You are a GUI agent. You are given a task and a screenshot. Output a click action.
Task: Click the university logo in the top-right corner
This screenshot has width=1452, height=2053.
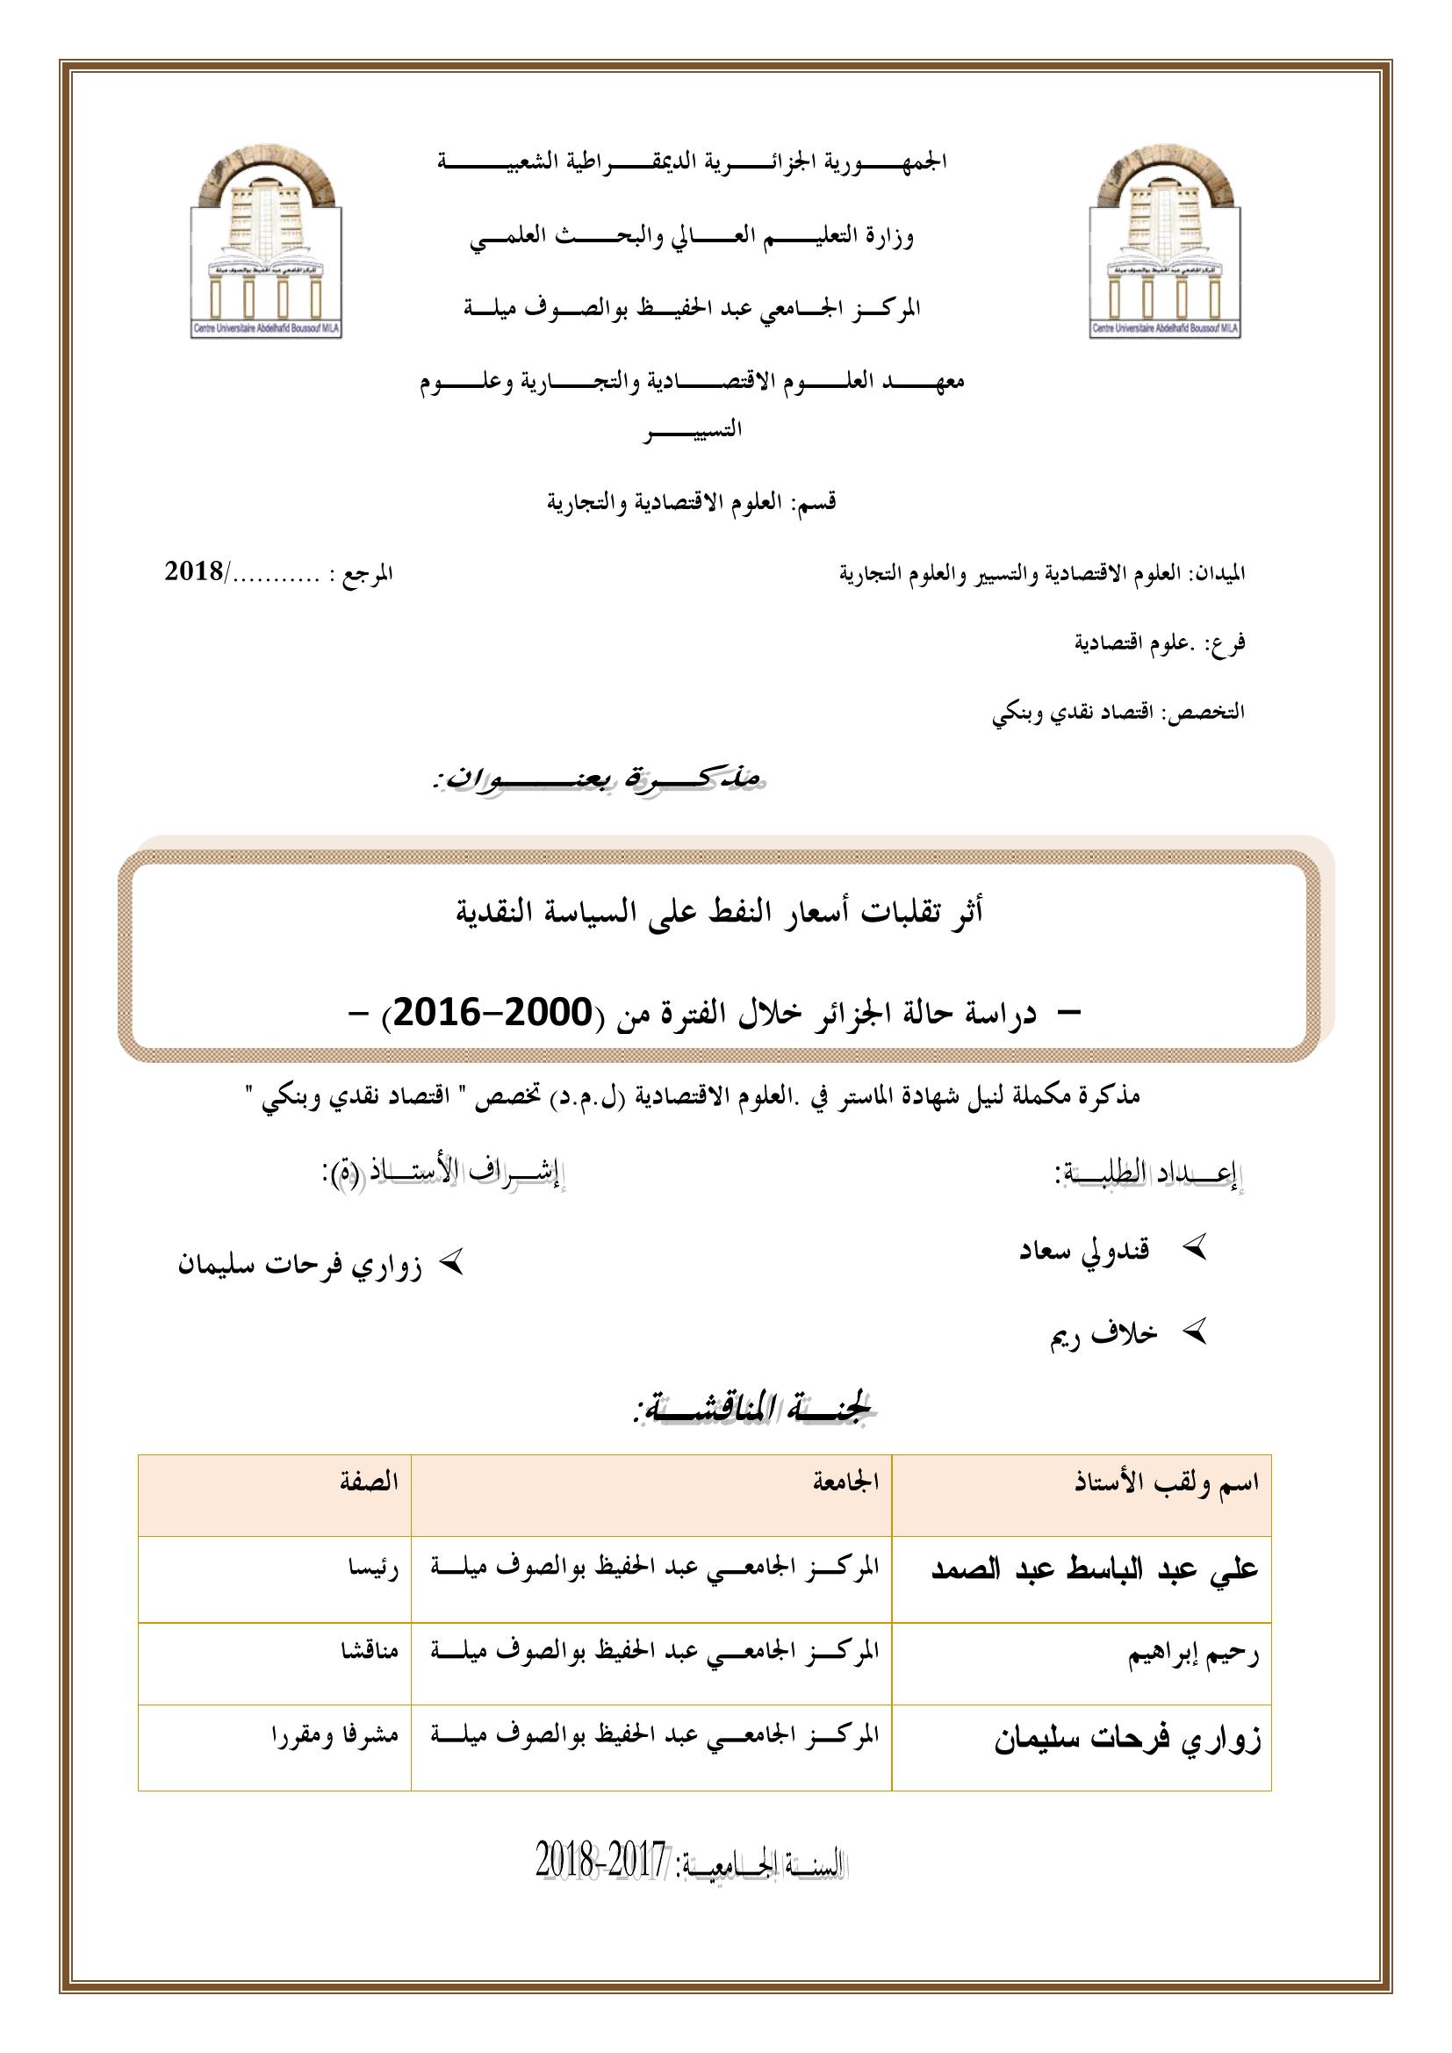[1166, 241]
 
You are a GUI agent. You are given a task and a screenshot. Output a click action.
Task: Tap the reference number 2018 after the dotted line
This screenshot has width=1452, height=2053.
[194, 571]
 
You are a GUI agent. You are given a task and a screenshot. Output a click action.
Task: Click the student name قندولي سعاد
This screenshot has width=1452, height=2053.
[1083, 1249]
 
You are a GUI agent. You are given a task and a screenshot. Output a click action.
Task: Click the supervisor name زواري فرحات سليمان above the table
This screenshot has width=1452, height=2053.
[299, 1267]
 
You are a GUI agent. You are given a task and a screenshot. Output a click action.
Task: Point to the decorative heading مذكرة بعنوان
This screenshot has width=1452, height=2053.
[595, 779]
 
